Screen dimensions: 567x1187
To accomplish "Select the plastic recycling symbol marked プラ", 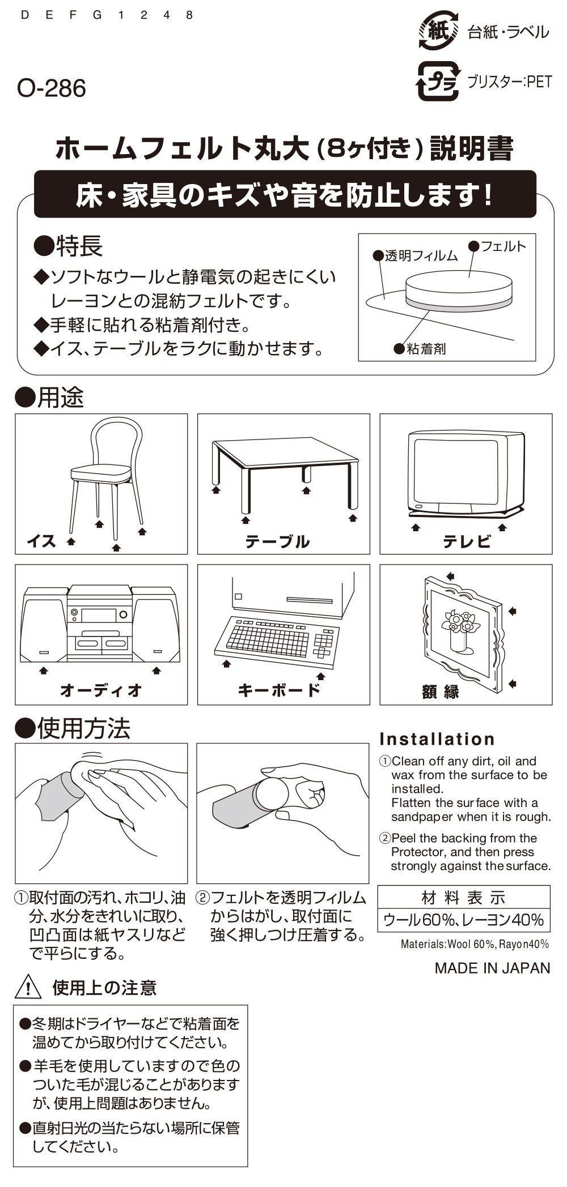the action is pyautogui.click(x=437, y=81).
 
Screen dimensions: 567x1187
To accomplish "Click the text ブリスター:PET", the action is pyautogui.click(x=509, y=82).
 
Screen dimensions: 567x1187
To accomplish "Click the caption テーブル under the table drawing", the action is pyautogui.click(x=277, y=541).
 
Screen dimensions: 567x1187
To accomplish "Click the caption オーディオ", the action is pyautogui.click(x=101, y=690).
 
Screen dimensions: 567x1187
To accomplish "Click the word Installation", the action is pyautogui.click(x=437, y=739).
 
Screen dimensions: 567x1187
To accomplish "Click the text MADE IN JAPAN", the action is pyautogui.click(x=492, y=968).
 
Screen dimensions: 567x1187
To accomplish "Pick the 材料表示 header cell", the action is pyautogui.click(x=464, y=897).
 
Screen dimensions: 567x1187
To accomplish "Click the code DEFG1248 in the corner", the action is pyautogui.click(x=107, y=15).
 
